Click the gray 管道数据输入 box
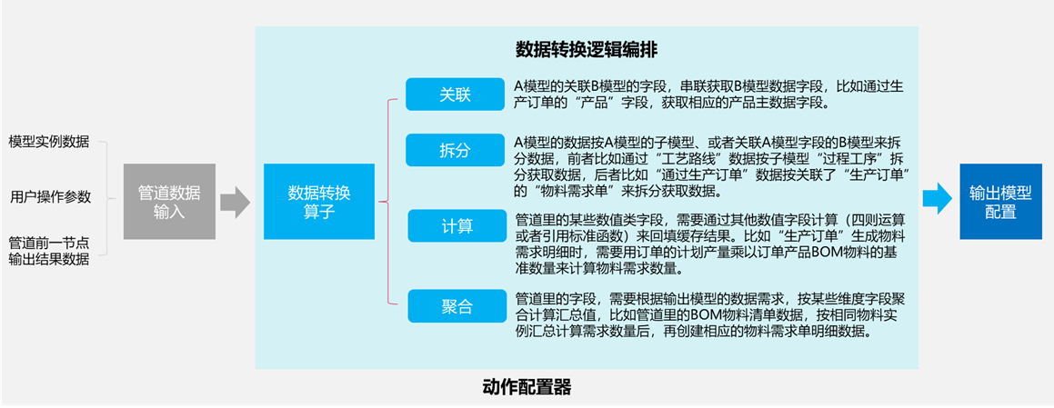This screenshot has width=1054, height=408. click(x=169, y=202)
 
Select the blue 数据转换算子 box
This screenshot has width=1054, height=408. click(x=318, y=202)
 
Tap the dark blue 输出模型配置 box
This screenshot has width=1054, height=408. click(x=999, y=202)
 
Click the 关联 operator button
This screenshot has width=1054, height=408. click(x=455, y=95)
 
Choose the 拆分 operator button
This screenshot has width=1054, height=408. click(x=455, y=151)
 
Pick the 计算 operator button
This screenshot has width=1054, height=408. click(x=457, y=226)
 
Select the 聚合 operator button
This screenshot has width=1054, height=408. click(x=457, y=306)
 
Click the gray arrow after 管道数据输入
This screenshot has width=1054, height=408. click(x=235, y=202)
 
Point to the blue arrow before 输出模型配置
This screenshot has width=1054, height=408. click(x=937, y=198)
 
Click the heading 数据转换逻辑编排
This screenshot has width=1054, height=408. click(x=587, y=50)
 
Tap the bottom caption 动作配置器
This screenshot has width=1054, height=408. click(x=527, y=387)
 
